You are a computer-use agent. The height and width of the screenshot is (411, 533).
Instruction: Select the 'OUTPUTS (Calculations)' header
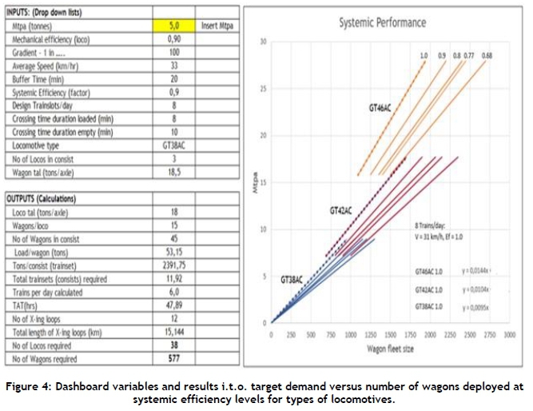48,197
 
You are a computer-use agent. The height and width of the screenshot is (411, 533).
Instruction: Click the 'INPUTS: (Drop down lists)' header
49,14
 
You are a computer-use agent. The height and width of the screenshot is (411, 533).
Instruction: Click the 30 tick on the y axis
264,41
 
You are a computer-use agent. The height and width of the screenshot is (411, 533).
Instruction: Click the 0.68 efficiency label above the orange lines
487,55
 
